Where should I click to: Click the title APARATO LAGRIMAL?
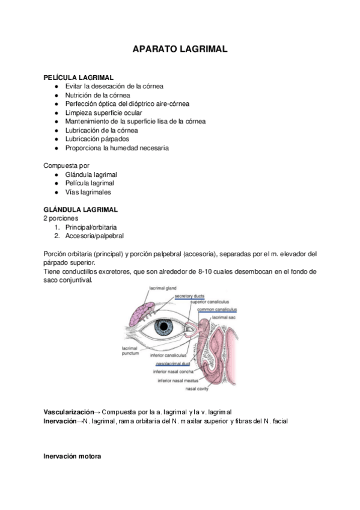click(180, 50)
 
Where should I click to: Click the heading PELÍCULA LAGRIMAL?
click(78, 78)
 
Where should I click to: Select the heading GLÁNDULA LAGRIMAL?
click(81, 209)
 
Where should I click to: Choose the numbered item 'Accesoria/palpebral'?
click(95, 236)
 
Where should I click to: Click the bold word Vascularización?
click(69, 412)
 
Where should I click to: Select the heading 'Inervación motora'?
click(72, 456)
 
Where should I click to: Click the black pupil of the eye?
click(164, 327)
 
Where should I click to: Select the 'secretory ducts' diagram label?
click(191, 296)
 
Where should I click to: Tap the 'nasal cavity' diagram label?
click(197, 389)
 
